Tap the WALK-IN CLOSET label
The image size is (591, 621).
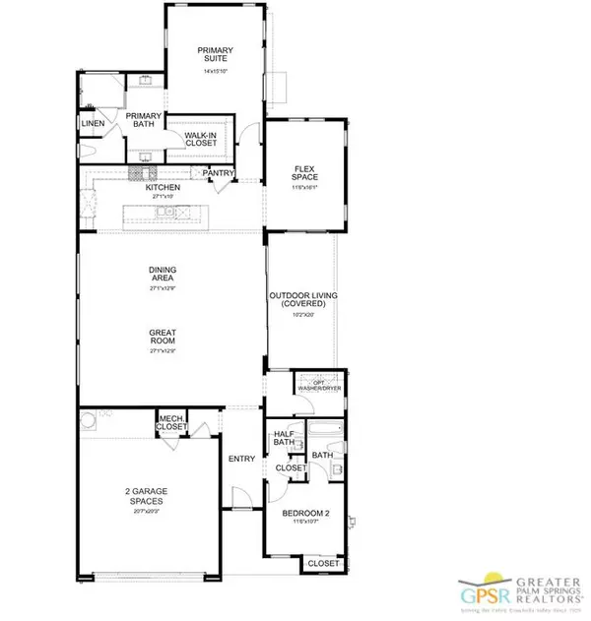click(201, 139)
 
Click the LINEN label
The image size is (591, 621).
click(93, 123)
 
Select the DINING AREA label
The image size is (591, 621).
click(164, 275)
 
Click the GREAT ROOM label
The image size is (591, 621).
click(164, 340)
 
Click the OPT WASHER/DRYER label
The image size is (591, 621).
click(318, 385)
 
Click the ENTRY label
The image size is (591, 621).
click(241, 459)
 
